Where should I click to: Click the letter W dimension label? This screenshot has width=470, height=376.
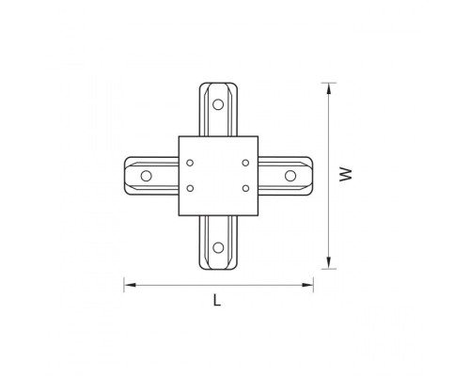click(x=346, y=174)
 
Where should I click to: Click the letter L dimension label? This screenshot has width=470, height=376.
click(x=216, y=301)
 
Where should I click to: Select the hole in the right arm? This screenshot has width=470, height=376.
click(x=290, y=175)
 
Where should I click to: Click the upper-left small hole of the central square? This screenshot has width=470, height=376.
click(x=191, y=162)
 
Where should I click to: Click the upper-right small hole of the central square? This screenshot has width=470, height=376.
click(x=244, y=162)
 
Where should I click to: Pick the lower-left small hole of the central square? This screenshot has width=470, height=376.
click(x=191, y=188)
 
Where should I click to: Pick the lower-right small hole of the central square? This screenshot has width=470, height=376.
click(x=244, y=188)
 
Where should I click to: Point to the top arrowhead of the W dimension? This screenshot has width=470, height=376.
click(x=329, y=86)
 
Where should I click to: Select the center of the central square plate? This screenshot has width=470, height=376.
click(x=217, y=175)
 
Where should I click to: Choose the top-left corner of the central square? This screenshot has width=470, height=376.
click(x=178, y=135)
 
